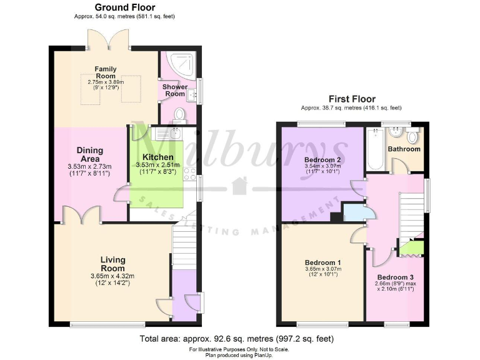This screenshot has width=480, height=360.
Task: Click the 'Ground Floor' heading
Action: pos(125,7)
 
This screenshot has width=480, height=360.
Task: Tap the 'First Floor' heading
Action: pos(352,99)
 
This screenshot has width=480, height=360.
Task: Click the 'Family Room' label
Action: pos(106,72)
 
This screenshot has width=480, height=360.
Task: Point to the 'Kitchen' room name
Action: pos(157,157)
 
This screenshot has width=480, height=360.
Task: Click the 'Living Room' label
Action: pos(112,264)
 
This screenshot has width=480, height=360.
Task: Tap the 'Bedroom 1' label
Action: pos(323,262)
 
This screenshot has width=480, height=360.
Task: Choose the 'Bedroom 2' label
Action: pos(322,160)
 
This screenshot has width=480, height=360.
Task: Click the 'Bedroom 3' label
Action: pos(394,276)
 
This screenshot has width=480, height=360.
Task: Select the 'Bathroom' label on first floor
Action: pos(404,149)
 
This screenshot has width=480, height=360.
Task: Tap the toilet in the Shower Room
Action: pos(179,114)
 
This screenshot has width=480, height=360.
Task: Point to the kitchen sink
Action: pos(167,132)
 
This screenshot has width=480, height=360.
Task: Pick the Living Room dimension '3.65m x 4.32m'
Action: pos(112,276)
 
